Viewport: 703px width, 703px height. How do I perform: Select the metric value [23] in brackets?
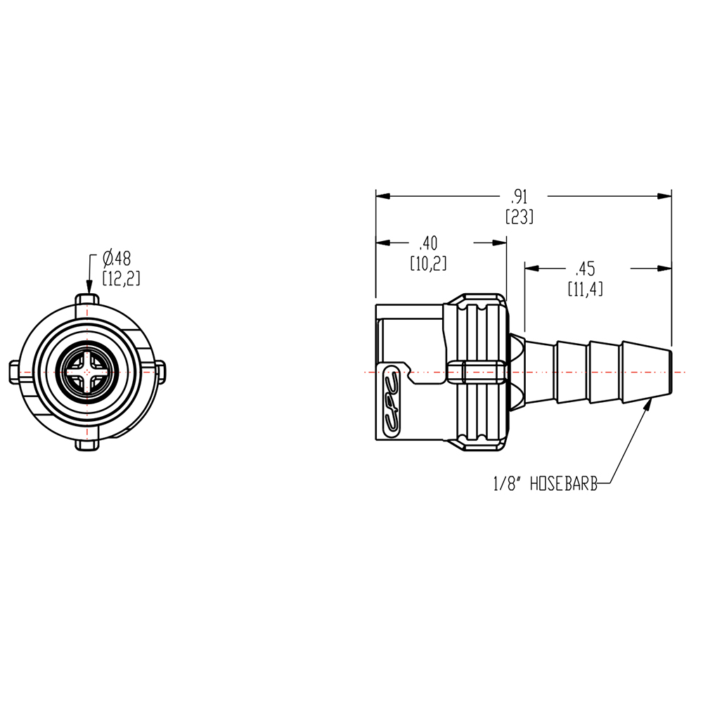pyautogui.click(x=520, y=217)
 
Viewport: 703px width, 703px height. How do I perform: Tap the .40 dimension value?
pyautogui.click(x=428, y=243)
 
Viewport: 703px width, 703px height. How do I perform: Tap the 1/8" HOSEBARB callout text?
pyautogui.click(x=545, y=484)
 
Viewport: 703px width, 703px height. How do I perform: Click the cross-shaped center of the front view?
pyautogui.click(x=86, y=370)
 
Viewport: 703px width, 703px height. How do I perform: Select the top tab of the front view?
pyautogui.click(x=86, y=301)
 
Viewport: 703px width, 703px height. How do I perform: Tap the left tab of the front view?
pyautogui.click(x=15, y=370)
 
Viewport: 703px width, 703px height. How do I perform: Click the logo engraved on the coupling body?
pyautogui.click(x=391, y=401)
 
